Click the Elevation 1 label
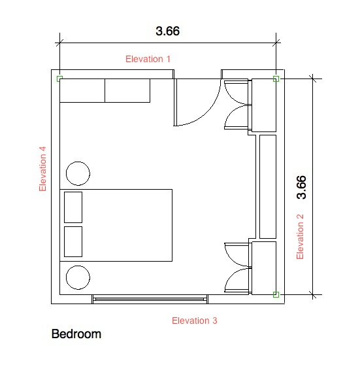(148, 59)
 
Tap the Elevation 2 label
(300, 237)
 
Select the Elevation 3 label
(195, 321)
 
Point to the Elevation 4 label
(42, 169)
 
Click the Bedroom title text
(76, 334)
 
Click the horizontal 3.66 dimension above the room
(168, 31)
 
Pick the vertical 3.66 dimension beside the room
(301, 187)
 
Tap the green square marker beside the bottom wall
(276, 294)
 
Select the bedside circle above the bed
(78, 173)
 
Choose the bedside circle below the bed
(78, 277)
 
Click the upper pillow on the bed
(73, 207)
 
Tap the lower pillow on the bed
(73, 241)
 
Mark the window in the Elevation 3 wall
(150, 299)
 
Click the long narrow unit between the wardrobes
(268, 186)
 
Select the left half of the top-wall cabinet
(82, 90)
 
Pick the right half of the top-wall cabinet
(127, 90)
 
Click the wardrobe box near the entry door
(264, 105)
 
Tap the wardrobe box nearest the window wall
(264, 268)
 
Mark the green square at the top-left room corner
(59, 78)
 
